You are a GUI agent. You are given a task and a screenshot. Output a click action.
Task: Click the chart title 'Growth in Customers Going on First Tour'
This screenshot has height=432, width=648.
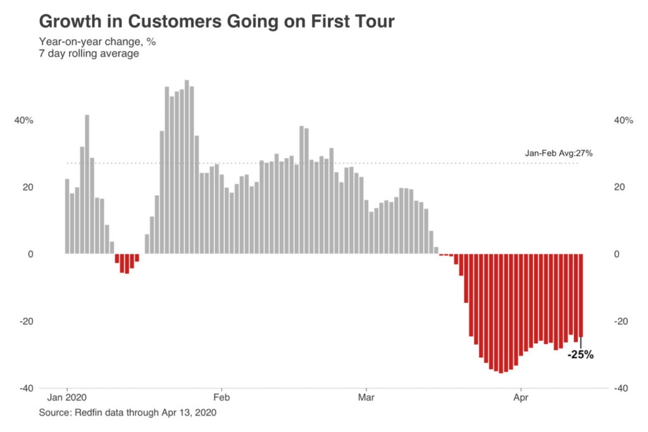click(216, 21)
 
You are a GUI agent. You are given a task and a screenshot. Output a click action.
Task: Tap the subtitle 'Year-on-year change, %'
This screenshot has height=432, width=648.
click(97, 42)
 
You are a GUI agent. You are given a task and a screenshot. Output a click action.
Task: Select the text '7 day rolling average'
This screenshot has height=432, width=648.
click(89, 54)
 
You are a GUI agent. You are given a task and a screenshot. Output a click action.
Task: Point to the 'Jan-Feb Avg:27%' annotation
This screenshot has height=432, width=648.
click(558, 153)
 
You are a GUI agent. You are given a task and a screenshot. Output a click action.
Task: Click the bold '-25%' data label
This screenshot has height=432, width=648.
click(580, 355)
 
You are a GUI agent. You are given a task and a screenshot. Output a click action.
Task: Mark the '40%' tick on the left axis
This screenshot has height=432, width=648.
click(23, 120)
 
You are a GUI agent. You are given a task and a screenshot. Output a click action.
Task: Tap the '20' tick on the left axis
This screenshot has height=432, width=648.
click(27, 187)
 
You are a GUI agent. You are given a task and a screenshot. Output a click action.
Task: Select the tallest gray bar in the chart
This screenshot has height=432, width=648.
click(187, 167)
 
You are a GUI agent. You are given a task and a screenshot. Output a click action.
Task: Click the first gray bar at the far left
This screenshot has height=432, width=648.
click(67, 216)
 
